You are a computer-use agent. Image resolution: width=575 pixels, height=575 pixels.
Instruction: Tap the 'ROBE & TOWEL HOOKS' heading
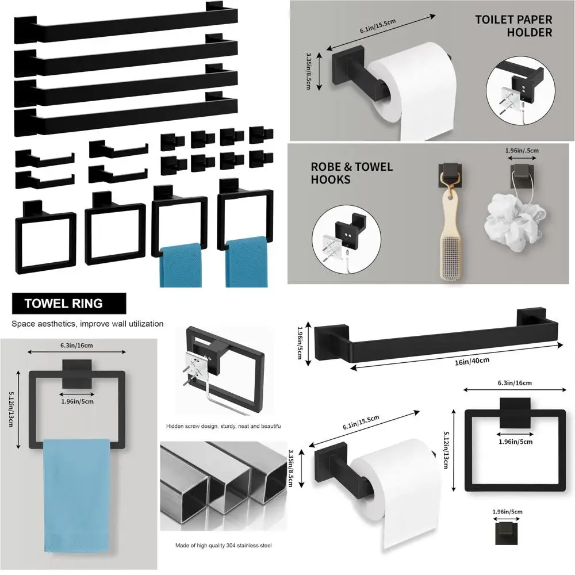coord(352,173)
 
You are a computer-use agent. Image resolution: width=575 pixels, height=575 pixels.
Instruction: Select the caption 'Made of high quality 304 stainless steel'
coord(224,545)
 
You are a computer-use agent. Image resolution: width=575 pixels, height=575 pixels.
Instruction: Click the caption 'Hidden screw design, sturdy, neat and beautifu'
coord(223,426)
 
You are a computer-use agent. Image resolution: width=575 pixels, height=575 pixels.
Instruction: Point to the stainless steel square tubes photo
coord(223,485)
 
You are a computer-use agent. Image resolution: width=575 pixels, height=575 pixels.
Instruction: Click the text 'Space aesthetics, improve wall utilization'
coord(87,324)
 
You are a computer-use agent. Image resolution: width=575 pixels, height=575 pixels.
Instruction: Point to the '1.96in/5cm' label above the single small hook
coord(507,511)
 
